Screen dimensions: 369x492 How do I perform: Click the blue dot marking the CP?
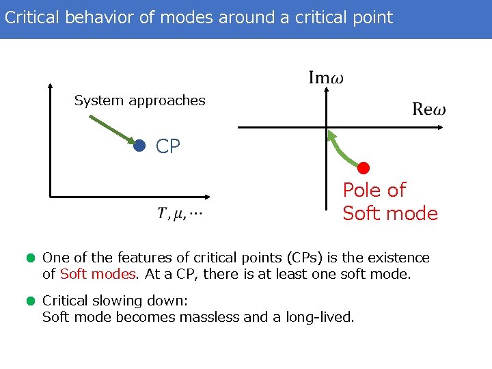[x=140, y=146]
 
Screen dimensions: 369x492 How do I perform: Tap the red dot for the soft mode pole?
[x=364, y=168]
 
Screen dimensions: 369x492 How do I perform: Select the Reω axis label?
[x=429, y=109]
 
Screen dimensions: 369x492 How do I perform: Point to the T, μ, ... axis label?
[x=180, y=214]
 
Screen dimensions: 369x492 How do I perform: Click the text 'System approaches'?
[x=139, y=100]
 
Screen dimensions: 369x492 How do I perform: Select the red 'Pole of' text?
[x=374, y=190]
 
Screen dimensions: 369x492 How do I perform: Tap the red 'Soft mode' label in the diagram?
[x=389, y=213]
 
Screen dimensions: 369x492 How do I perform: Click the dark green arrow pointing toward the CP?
[x=113, y=130]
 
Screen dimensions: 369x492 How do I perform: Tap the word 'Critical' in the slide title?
[x=31, y=17]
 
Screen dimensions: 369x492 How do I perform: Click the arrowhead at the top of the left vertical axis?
[x=51, y=87]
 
